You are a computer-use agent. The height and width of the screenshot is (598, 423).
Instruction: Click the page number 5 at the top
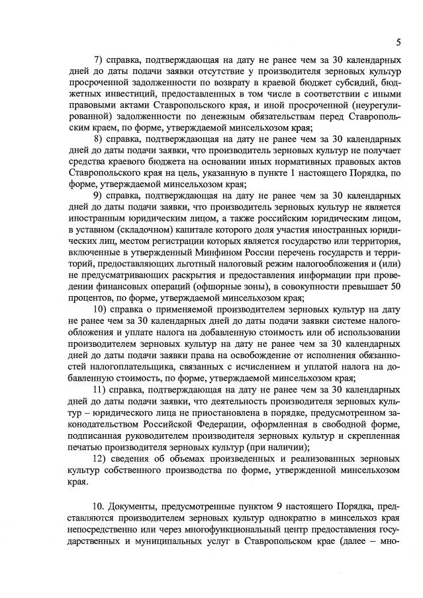pos(399,42)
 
